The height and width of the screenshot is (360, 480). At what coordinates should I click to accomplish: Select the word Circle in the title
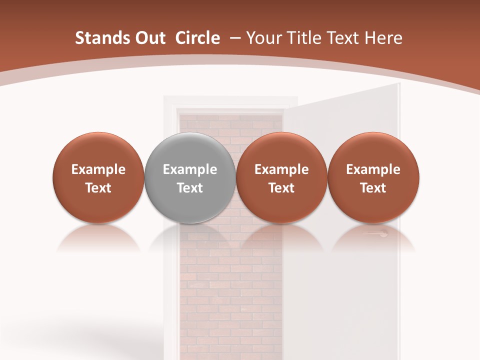pos(197,38)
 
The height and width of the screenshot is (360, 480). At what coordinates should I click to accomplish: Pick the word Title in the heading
pos(302,38)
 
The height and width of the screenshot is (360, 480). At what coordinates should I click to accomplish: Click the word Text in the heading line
pos(342,38)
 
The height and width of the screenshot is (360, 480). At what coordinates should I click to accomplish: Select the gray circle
pos(190,178)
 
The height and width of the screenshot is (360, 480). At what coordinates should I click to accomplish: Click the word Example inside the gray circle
pos(190,169)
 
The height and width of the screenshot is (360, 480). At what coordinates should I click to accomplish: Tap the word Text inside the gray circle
pos(190,188)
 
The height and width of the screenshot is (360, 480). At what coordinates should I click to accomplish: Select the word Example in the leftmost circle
pos(98,169)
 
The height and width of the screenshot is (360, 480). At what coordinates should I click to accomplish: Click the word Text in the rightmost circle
pos(373,188)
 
